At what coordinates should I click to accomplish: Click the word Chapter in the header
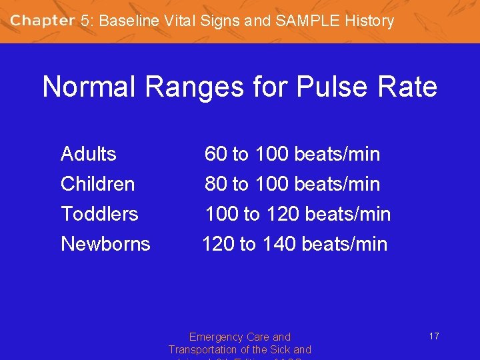(42, 21)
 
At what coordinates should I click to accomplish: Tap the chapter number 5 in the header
(85, 21)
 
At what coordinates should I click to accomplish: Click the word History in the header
(369, 21)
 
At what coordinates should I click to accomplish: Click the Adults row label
(88, 154)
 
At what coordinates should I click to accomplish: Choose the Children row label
(97, 184)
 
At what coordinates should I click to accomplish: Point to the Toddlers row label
(99, 214)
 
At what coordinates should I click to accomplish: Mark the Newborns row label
(105, 244)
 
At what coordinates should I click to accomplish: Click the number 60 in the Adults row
(215, 154)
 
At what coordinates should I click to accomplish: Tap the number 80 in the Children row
(215, 184)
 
